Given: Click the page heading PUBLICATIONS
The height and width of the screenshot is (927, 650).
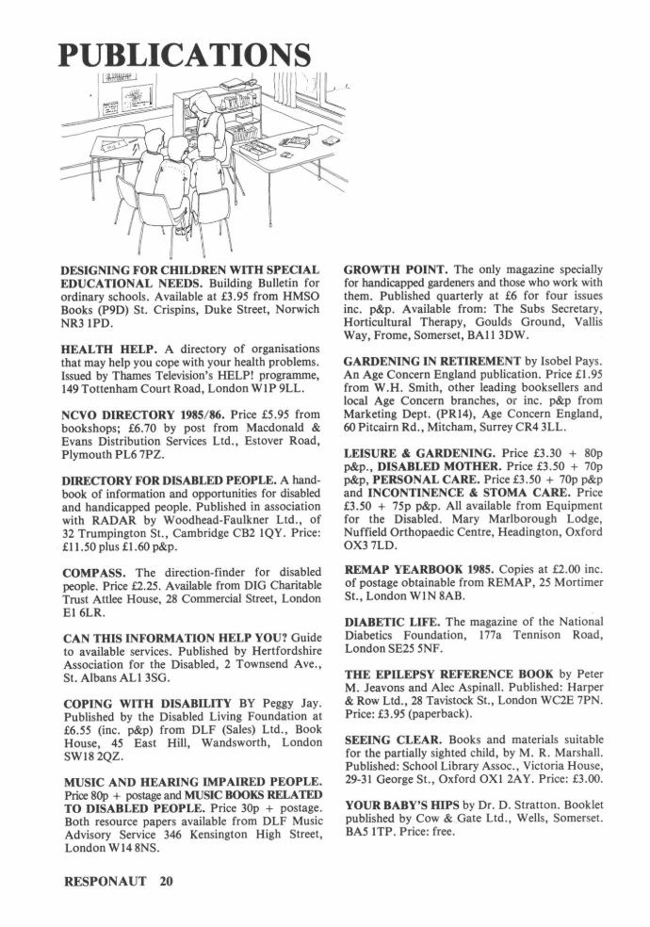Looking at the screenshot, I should click(x=186, y=55).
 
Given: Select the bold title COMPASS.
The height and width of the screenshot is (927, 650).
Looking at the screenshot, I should click(x=94, y=573).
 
